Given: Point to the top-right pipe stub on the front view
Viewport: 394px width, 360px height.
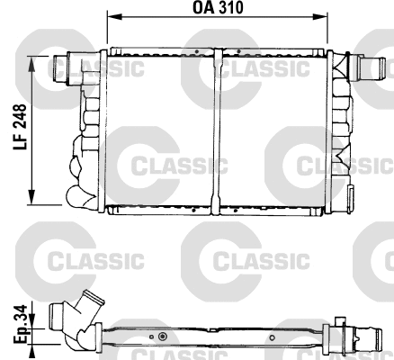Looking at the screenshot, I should coord(368,65).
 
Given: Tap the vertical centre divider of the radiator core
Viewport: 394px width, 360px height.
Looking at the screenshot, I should coord(219,130).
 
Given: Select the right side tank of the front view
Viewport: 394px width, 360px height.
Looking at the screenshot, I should coord(339,130).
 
